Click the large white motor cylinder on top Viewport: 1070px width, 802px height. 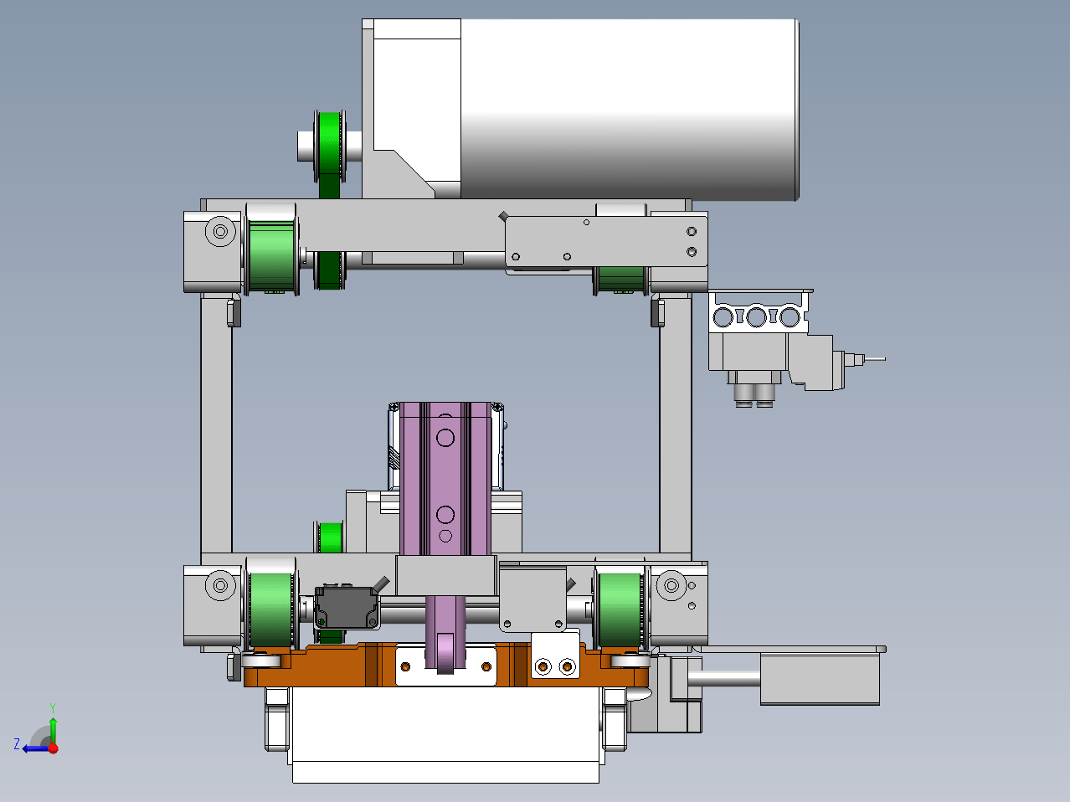[629, 110]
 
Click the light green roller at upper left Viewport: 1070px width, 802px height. [271, 256]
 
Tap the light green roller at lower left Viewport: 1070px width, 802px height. [271, 610]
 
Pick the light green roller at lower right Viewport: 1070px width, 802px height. [620, 610]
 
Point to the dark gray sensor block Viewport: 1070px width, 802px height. [347, 608]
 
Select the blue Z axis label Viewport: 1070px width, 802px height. [17, 743]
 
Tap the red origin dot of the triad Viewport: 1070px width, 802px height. [53, 748]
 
